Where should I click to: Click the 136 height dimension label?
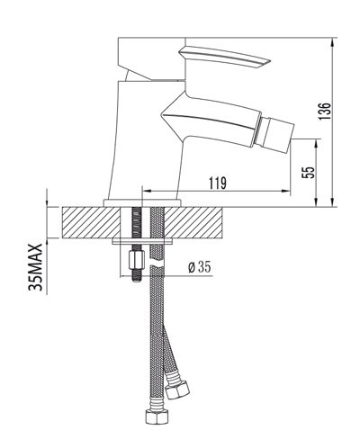pyautogui.click(x=324, y=112)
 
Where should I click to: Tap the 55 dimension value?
pyautogui.click(x=309, y=173)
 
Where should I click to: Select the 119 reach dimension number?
pyautogui.click(x=218, y=184)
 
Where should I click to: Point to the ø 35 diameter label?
pyautogui.click(x=200, y=266)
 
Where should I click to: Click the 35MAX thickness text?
pyautogui.click(x=36, y=267)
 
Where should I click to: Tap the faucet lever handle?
pyautogui.click(x=224, y=58)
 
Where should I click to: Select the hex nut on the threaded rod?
pyautogui.click(x=136, y=261)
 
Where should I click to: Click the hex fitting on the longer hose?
pyautogui.click(x=157, y=417)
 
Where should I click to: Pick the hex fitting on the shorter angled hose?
pyautogui.click(x=177, y=390)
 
